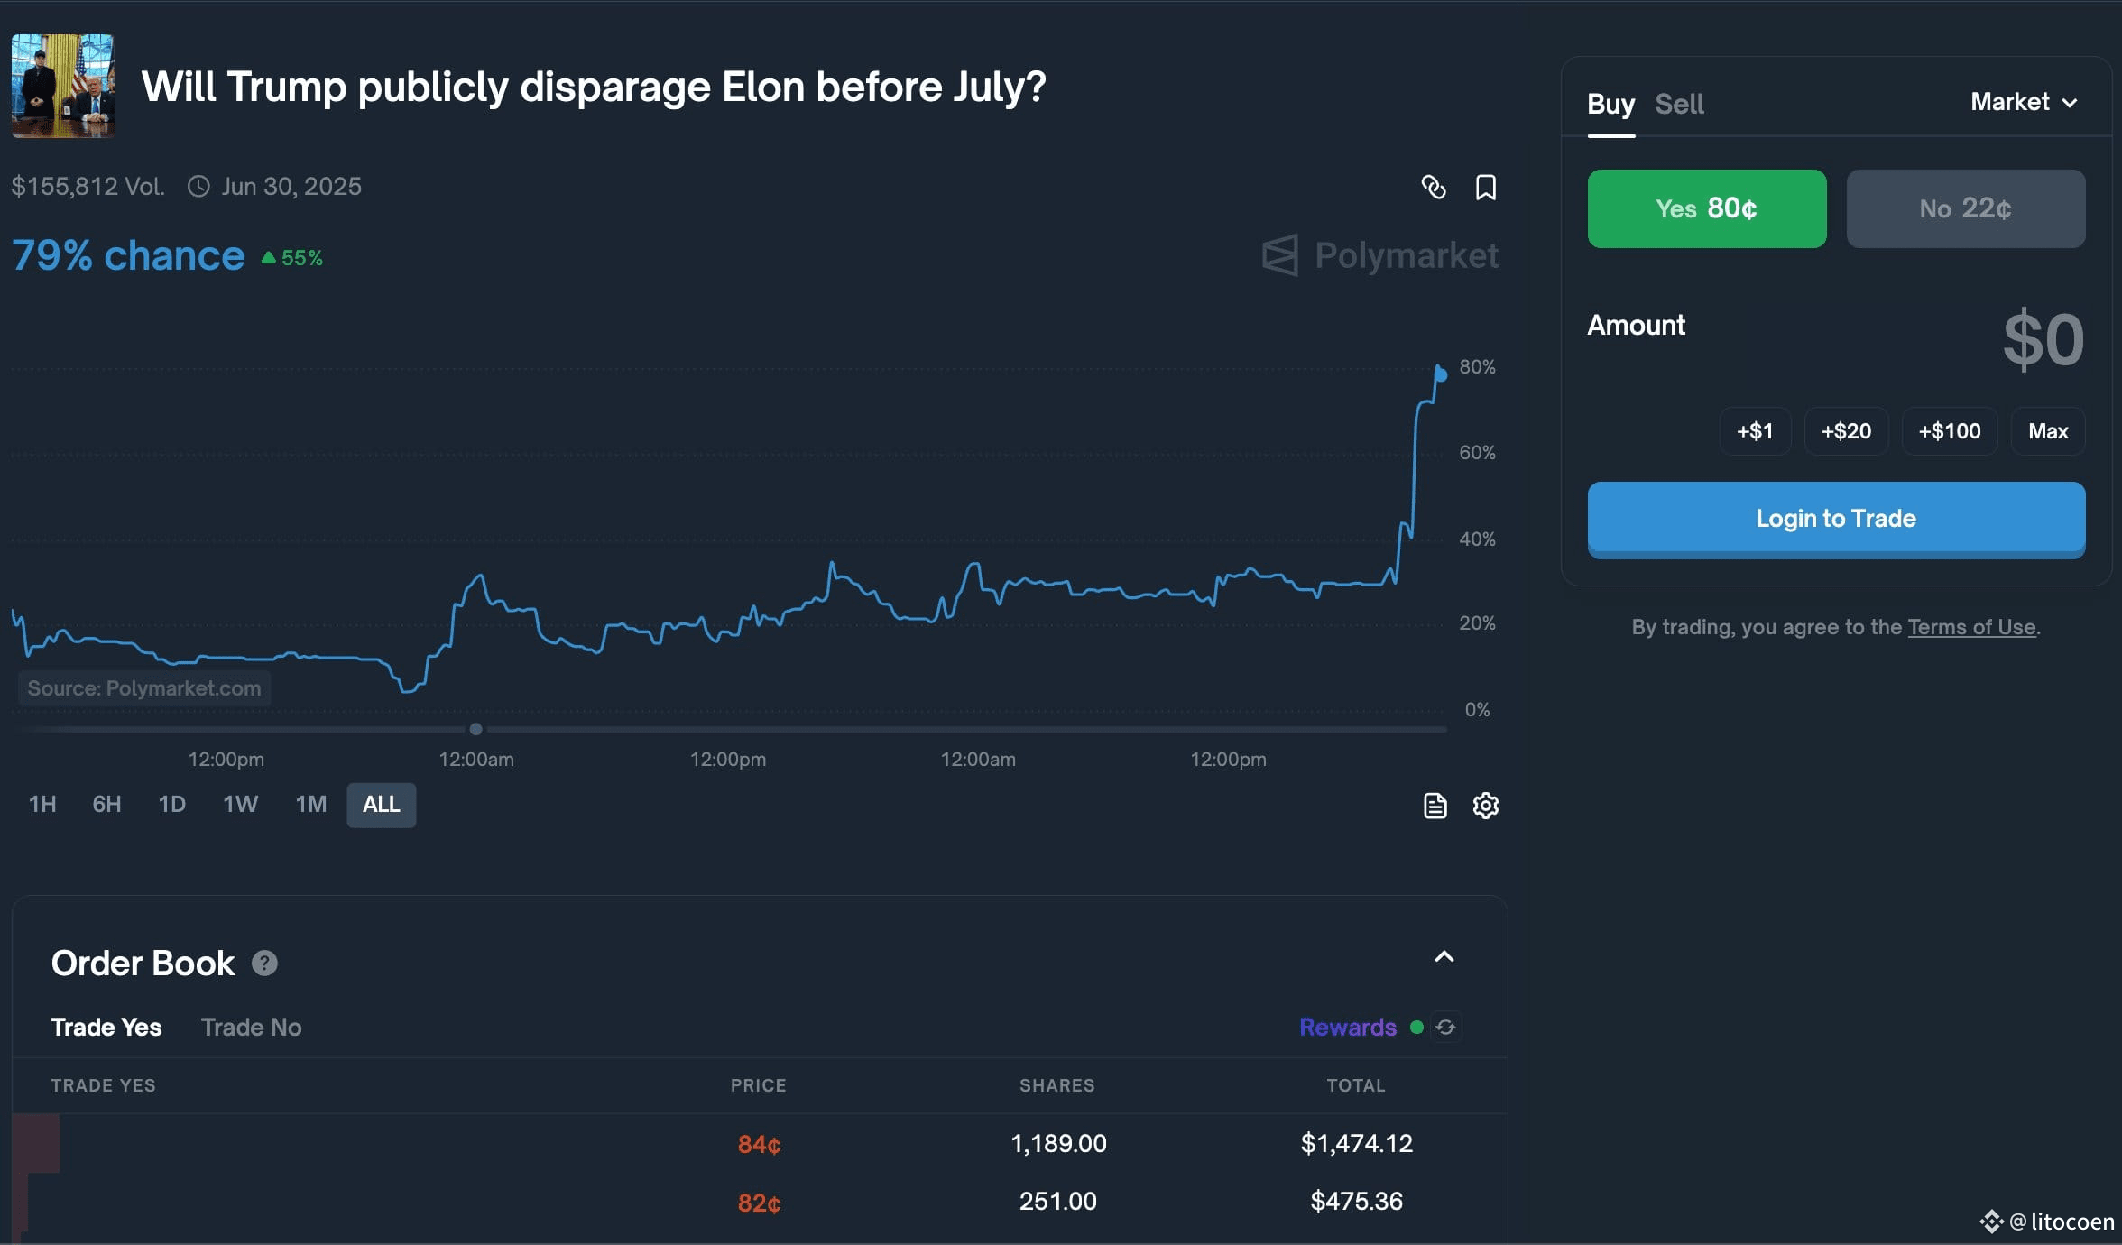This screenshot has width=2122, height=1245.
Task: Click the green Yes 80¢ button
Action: (1707, 208)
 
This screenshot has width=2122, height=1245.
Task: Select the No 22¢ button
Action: (1966, 208)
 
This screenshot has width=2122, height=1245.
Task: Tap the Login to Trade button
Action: (1836, 520)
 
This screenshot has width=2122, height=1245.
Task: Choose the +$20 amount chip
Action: (1846, 431)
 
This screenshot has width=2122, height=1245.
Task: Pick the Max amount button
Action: (2048, 431)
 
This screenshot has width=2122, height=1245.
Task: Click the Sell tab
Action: (1679, 104)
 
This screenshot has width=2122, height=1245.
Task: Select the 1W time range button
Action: (240, 804)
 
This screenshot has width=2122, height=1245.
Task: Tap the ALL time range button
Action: (381, 804)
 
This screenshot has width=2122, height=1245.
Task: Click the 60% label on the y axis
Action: (1477, 452)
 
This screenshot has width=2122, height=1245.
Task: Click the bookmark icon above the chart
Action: (1485, 187)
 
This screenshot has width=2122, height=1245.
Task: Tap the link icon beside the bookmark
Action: (1434, 187)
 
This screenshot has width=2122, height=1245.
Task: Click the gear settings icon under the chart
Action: (1485, 805)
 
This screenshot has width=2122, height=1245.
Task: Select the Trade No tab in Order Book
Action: (251, 1027)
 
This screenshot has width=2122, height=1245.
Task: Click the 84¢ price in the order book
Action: (759, 1144)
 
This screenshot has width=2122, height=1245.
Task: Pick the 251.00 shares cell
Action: (1057, 1202)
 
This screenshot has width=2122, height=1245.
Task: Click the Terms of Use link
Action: (1971, 627)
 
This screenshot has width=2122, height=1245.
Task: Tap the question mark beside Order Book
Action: (264, 964)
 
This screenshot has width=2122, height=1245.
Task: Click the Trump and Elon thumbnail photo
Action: (63, 86)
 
